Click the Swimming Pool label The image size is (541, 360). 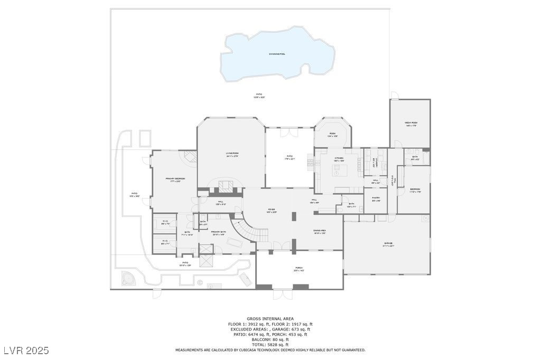coord(277,54)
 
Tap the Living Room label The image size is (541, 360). coord(232,154)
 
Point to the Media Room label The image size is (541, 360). coord(411,124)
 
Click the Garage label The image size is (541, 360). coord(388,244)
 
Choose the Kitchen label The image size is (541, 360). coord(339,159)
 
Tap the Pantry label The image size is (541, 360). coord(376,199)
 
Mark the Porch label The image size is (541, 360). coord(299,269)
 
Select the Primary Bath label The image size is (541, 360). coord(219,232)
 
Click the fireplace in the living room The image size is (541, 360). coord(226,184)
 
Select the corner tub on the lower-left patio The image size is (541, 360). coord(128,278)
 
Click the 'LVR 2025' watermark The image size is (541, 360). coord(26,350)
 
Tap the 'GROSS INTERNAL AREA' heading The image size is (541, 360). coord(270,319)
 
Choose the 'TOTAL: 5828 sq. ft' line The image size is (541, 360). coord(270,345)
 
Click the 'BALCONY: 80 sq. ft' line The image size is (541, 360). coord(270,339)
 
